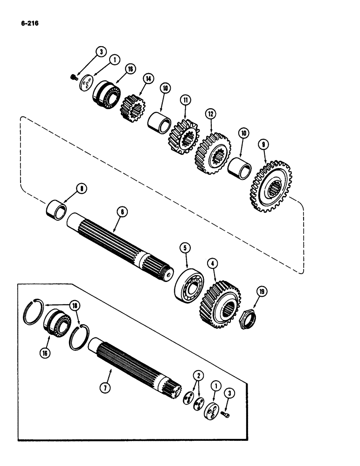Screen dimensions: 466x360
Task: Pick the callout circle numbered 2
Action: (x=199, y=375)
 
